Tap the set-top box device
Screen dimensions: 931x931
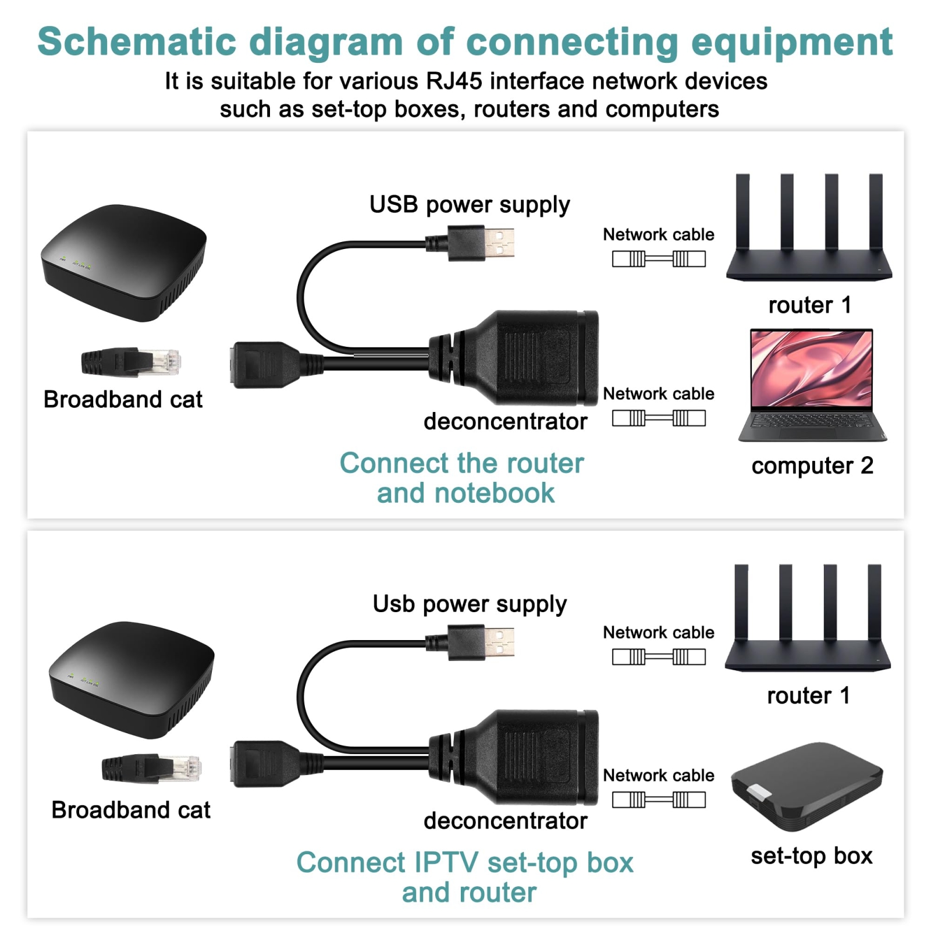click(x=807, y=786)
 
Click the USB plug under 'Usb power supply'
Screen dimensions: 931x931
click(x=470, y=642)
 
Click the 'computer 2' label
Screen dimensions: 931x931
click(x=812, y=466)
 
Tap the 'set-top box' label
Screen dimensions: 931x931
click(x=812, y=856)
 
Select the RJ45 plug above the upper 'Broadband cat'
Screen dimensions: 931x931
click(x=131, y=362)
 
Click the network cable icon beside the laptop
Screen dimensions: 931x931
click(x=659, y=418)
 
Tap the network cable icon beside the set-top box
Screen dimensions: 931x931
click(x=659, y=800)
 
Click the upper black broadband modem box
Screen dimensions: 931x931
click(x=123, y=262)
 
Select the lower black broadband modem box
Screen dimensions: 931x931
click(x=132, y=680)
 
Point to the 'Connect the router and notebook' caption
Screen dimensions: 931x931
click(x=463, y=478)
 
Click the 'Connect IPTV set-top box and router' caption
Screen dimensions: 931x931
click(x=465, y=877)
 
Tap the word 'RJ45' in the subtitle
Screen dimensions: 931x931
click(x=454, y=81)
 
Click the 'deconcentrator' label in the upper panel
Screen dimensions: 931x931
click(x=505, y=421)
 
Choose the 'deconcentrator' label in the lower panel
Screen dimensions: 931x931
click(x=505, y=821)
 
